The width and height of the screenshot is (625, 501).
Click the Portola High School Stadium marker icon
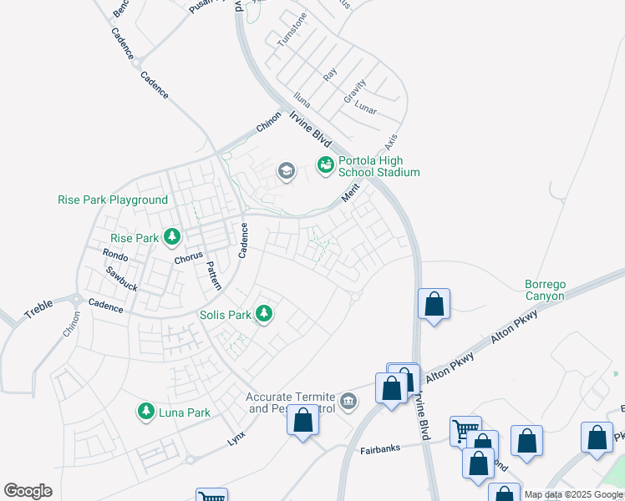point(324,166)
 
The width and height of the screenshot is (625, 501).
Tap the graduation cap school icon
point(286,171)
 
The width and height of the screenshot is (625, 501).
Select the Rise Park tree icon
point(172,238)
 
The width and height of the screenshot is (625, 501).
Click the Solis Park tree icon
point(265,315)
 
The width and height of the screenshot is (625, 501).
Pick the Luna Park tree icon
point(147,412)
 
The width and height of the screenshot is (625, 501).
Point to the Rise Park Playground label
point(113,200)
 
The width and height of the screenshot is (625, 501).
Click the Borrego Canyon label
point(545,290)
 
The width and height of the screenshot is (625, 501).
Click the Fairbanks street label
point(380,448)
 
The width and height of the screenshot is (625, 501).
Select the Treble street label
point(38,311)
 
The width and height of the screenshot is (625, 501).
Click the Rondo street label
point(114,254)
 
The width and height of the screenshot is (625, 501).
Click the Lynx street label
point(238,438)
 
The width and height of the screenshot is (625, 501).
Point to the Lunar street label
point(365,109)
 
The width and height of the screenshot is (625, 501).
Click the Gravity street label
point(355,91)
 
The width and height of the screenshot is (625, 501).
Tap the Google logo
point(28,491)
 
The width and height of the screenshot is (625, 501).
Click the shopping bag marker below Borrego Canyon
point(434,304)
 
